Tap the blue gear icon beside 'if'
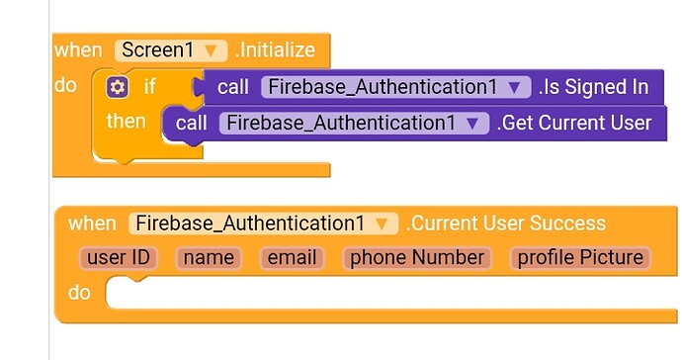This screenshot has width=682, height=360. [x=118, y=87]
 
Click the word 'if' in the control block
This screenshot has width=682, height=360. [x=150, y=87]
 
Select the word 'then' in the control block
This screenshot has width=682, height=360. [x=126, y=122]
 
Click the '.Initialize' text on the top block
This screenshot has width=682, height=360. [x=274, y=49]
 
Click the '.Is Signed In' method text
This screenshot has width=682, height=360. [x=593, y=87]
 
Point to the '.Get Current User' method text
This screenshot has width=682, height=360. [x=573, y=123]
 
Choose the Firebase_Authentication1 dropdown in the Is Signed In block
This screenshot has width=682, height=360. [x=391, y=87]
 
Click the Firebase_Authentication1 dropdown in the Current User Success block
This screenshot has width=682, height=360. [x=263, y=223]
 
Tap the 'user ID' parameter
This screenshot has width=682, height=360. [x=118, y=258]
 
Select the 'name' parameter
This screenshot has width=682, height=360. [x=209, y=258]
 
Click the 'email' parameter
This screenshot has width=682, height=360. [x=293, y=258]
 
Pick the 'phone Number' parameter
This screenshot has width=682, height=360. [x=417, y=258]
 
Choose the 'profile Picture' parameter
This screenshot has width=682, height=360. [x=580, y=258]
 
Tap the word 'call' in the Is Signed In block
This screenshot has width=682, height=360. [x=233, y=87]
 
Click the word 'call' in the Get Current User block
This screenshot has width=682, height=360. [x=192, y=123]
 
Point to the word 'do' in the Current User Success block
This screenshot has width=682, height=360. [x=79, y=293]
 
